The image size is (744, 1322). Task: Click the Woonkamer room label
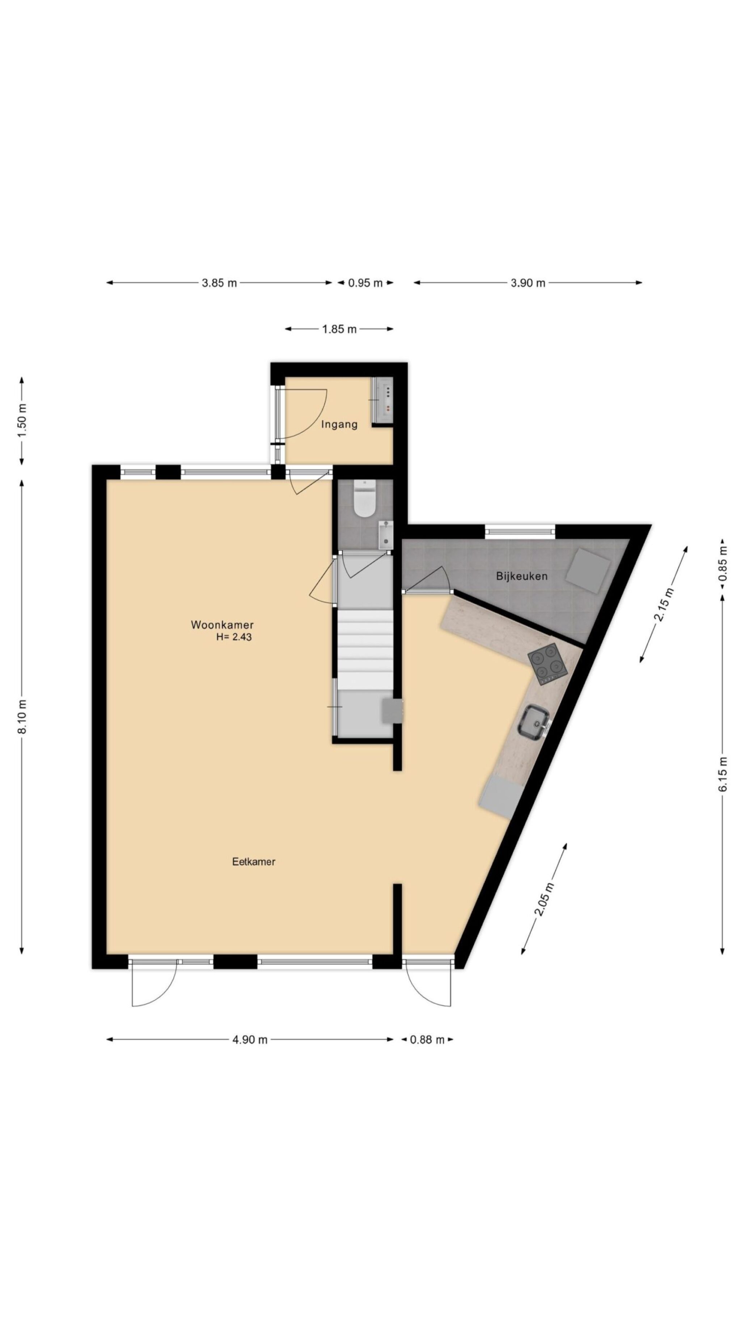(x=222, y=625)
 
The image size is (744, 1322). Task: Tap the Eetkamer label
(x=253, y=862)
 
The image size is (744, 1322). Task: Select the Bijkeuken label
(x=521, y=576)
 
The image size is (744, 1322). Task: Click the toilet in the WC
(x=364, y=498)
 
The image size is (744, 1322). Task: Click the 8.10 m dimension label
(x=22, y=717)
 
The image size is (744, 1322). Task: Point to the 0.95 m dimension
(x=365, y=283)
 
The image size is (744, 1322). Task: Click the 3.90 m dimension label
(x=527, y=283)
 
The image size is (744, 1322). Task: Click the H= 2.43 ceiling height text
(x=234, y=637)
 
